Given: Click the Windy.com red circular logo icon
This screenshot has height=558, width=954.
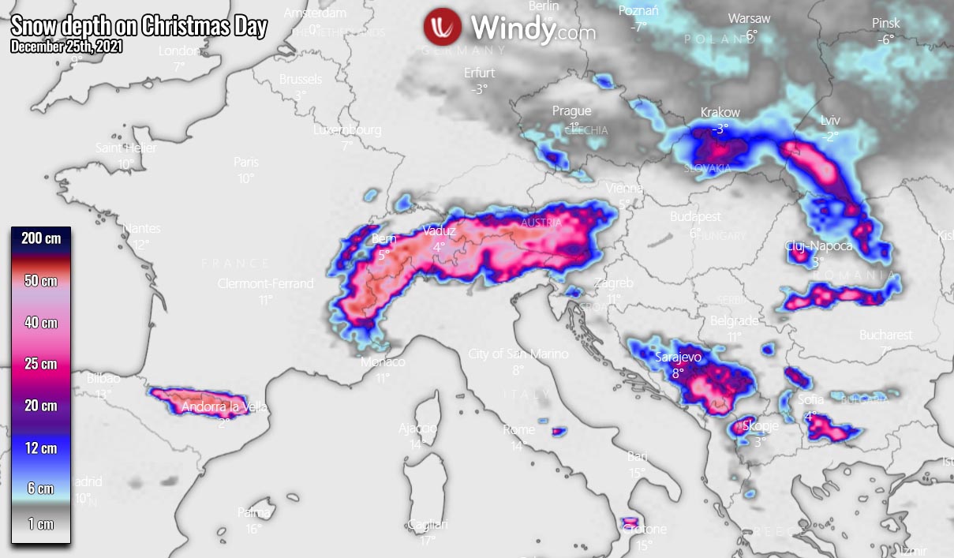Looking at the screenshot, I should tap(443, 28).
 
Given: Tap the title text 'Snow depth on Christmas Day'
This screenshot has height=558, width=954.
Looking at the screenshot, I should tap(140, 27).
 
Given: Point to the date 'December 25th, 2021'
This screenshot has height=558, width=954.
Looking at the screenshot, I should tap(66, 47).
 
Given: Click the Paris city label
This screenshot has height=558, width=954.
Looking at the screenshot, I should tap(246, 163).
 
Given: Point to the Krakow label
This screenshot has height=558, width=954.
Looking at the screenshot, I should tap(720, 113).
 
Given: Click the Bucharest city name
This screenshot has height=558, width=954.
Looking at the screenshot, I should tap(885, 335).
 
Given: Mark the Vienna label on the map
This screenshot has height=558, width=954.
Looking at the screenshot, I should tap(624, 189).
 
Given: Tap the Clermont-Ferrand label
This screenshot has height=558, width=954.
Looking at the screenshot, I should tap(265, 284).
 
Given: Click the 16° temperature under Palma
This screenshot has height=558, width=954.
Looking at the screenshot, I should tap(253, 530).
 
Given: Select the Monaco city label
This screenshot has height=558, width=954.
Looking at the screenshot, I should tap(383, 362).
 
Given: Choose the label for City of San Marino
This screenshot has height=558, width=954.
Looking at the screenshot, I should tap(518, 354).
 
